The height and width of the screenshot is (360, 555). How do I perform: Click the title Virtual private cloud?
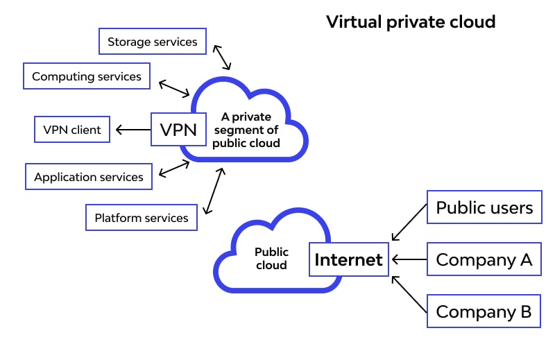411,22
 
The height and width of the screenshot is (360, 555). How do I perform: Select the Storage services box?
152,42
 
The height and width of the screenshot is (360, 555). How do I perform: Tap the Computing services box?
87,76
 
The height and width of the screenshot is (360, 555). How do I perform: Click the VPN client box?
72,130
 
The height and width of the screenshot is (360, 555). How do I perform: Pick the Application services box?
88,177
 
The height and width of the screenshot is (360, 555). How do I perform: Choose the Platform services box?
142,218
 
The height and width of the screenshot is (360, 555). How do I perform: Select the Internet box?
348,260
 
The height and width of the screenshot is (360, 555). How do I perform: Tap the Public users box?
484,207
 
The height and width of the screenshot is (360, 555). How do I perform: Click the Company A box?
484,260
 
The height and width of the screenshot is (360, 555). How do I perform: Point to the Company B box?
484,311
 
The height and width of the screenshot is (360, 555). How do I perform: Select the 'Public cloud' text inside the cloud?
271,259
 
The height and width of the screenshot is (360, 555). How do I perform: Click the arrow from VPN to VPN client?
133,130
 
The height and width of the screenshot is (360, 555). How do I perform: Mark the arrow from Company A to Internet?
409,260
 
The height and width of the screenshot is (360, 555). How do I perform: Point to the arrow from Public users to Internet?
409,222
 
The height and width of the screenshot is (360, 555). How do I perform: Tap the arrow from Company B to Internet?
409,294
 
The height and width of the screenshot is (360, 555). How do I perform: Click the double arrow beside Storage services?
222,57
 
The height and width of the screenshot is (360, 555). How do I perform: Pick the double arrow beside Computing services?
174,88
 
